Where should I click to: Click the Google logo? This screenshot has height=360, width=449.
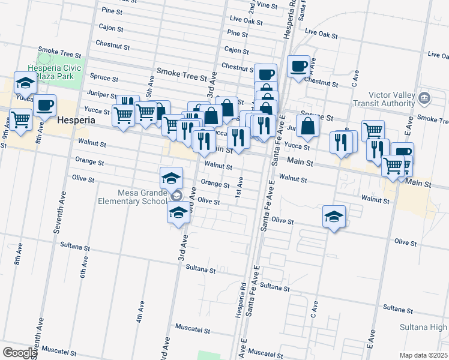click(x=19, y=353)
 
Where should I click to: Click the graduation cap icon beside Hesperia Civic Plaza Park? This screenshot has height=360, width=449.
click(x=25, y=83)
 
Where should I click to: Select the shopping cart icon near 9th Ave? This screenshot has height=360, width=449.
click(x=20, y=119)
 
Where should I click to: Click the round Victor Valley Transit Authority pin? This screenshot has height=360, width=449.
click(x=425, y=97)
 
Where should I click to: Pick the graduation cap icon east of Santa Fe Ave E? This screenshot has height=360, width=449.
click(x=334, y=217)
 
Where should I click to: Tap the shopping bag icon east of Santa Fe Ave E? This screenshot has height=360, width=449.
click(x=307, y=126)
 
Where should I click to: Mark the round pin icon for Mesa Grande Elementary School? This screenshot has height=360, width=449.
click(x=176, y=196)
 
